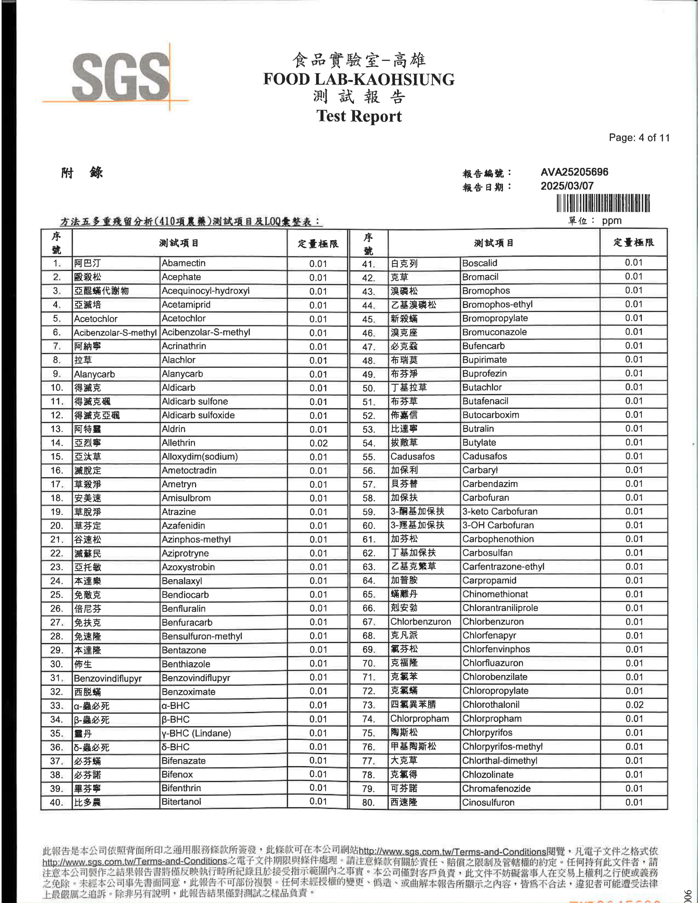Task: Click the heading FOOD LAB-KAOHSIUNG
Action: point(358,79)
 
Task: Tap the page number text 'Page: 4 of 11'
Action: point(639,138)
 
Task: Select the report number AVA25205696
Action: point(574,172)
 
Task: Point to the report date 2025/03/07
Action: point(567,186)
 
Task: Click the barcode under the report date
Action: point(603,204)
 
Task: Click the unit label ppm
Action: point(612,221)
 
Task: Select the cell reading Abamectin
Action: point(184,264)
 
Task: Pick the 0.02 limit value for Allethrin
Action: point(318,443)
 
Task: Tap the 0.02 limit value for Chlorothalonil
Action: point(634,705)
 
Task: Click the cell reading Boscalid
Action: point(480,264)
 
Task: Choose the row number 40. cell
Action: point(57,802)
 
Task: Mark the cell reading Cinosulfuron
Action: point(488,802)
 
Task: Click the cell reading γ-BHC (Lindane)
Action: point(196,733)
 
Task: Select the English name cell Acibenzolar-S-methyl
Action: point(206,332)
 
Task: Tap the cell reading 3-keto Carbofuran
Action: point(500,511)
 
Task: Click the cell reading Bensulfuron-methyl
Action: point(202,636)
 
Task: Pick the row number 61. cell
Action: point(368,540)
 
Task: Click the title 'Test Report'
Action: point(359,116)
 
